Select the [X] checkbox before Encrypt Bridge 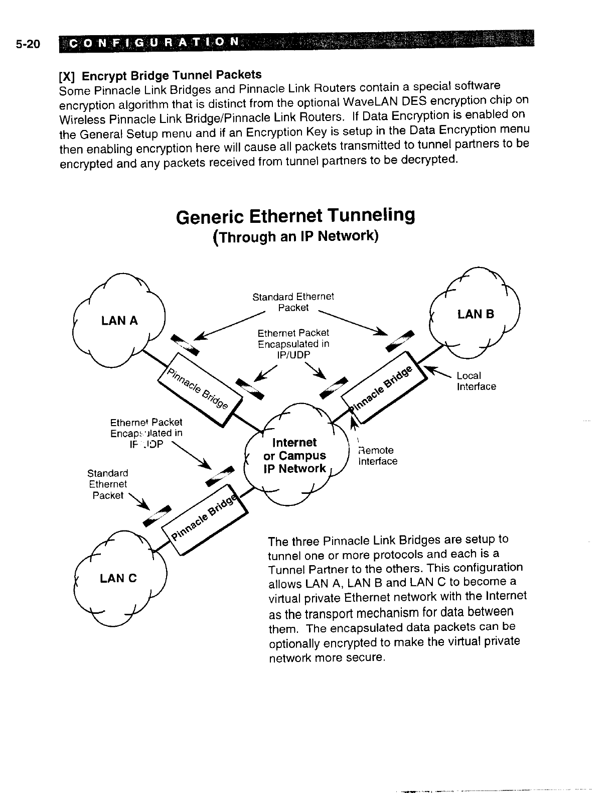click(67, 76)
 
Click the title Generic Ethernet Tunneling click(296, 216)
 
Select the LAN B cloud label click(476, 314)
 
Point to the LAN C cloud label click(118, 578)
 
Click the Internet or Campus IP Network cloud click(295, 456)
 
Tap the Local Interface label click(476, 381)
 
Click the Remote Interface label click(377, 456)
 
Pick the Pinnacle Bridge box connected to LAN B click(385, 386)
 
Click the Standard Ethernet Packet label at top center click(293, 302)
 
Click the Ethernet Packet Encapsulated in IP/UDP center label click(293, 344)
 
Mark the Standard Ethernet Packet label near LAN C click(107, 484)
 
